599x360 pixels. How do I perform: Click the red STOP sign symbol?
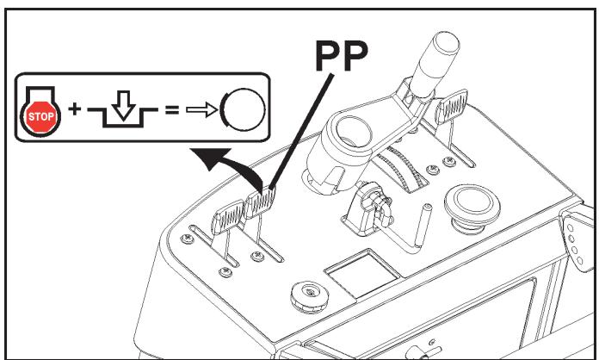tap(40, 116)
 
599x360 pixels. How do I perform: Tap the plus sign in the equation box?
tap(75, 109)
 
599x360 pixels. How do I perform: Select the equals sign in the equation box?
tap(172, 110)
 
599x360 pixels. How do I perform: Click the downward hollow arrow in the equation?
tap(123, 105)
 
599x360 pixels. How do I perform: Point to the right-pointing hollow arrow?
tap(202, 110)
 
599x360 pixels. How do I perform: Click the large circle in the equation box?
tap(243, 109)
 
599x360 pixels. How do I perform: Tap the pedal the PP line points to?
tap(260, 202)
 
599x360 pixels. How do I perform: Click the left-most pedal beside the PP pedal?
tap(228, 217)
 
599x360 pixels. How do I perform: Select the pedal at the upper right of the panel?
tap(452, 106)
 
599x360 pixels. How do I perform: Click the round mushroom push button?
tap(472, 208)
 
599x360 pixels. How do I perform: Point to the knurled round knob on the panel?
tap(310, 297)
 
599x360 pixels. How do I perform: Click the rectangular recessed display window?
tap(361, 272)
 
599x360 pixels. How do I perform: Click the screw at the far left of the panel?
tap(188, 239)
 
